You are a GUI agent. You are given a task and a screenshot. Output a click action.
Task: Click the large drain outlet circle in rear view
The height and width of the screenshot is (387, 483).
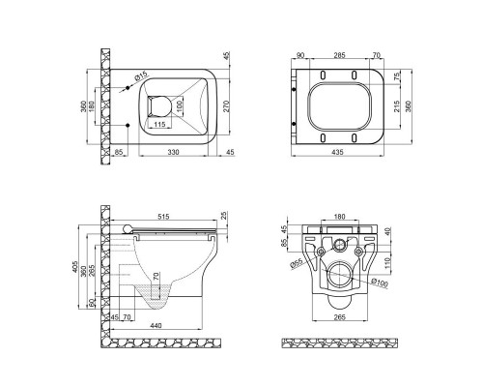[340, 277]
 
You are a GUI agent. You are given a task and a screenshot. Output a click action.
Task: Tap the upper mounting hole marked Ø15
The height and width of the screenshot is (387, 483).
[128, 88]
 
